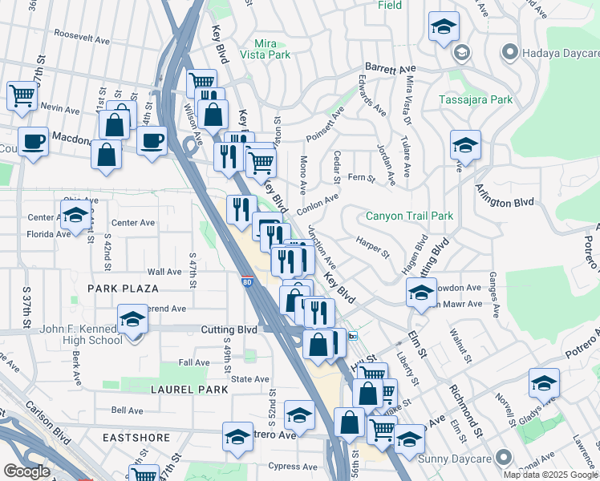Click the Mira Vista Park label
click(x=271, y=49)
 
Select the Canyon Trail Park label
click(x=409, y=216)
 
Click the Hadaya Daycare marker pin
click(x=508, y=53)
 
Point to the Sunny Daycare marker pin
click(x=503, y=458)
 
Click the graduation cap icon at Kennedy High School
click(x=132, y=319)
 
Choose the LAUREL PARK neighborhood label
click(x=189, y=389)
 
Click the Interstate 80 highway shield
click(x=248, y=281)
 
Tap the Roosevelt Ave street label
click(x=82, y=37)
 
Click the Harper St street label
click(x=372, y=247)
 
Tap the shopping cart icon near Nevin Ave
click(x=22, y=95)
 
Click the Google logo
click(x=27, y=471)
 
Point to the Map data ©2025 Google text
click(x=549, y=475)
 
